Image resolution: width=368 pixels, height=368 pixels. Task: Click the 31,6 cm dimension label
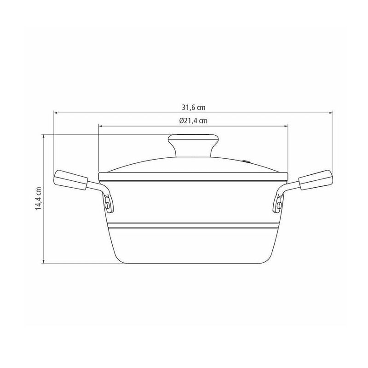click(x=193, y=108)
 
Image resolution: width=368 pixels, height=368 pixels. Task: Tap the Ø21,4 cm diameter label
click(x=193, y=121)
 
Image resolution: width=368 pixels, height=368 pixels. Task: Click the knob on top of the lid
click(x=193, y=145)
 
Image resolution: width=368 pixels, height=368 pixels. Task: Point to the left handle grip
click(x=71, y=180)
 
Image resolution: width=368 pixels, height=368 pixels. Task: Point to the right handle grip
click(x=316, y=180)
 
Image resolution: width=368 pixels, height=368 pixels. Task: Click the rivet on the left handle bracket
click(x=108, y=206)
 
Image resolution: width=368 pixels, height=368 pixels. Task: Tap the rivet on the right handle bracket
click(x=279, y=206)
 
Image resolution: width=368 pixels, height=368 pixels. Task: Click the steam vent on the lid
click(x=246, y=161)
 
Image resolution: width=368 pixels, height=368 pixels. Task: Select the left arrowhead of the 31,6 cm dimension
click(x=56, y=113)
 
